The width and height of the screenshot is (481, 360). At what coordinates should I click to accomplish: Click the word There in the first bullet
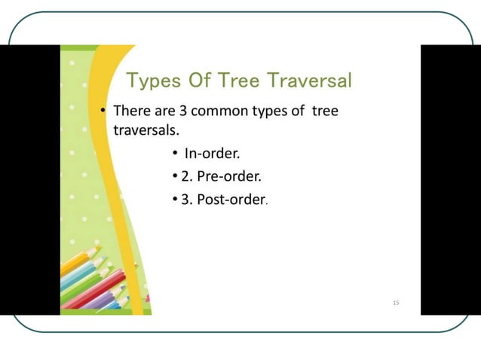[130, 111]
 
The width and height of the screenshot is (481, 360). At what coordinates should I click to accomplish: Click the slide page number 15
[396, 303]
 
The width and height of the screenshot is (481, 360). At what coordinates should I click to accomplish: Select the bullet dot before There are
[103, 112]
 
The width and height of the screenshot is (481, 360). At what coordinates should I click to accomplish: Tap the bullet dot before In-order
[173, 155]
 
